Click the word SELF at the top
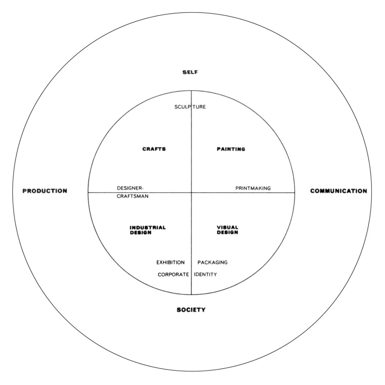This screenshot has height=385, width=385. point(190,72)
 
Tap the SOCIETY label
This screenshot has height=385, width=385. point(191,310)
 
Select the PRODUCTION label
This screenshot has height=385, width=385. point(45,191)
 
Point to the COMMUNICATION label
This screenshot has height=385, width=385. point(338,191)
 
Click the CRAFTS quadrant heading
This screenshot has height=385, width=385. point(154,149)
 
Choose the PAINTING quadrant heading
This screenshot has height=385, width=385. point(231,149)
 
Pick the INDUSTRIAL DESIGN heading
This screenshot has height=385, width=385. point(148,230)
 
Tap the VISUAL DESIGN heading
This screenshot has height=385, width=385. point(227,230)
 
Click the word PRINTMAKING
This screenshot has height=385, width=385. point(253,188)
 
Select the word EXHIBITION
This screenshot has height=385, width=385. point(170,262)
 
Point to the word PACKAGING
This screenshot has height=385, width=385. point(212,262)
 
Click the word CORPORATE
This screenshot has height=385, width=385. point(173,274)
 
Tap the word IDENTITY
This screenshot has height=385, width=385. point(205,274)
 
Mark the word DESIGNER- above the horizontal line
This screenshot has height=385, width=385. point(130,188)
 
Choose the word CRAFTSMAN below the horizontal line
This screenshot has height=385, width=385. point(133,196)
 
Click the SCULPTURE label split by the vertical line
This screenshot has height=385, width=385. point(190,107)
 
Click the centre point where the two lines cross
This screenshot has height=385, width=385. point(191,192)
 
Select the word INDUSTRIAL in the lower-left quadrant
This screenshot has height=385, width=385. point(148,227)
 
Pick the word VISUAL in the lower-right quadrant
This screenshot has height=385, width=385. point(227,227)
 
